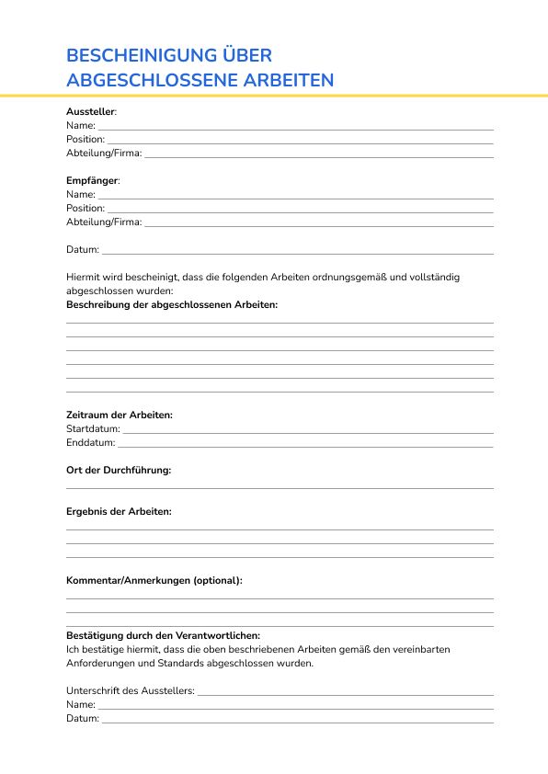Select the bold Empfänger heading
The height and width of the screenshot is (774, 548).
[x=92, y=180]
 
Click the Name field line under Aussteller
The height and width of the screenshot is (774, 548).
[x=295, y=127]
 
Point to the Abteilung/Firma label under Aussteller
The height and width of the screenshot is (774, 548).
[x=104, y=153]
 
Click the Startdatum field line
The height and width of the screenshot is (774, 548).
[x=308, y=430]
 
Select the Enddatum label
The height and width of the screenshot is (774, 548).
[x=90, y=442]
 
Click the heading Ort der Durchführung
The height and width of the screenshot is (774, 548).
[x=119, y=470]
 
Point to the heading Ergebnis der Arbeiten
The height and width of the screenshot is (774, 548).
[x=119, y=511]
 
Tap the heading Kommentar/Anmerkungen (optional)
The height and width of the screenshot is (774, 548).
[x=154, y=580]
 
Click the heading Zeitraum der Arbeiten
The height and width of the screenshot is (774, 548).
[x=119, y=415]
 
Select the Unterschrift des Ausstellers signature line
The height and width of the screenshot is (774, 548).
[x=346, y=692]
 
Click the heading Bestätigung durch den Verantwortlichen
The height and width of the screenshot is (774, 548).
[x=163, y=635]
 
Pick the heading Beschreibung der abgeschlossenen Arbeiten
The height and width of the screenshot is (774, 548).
[x=171, y=304]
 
